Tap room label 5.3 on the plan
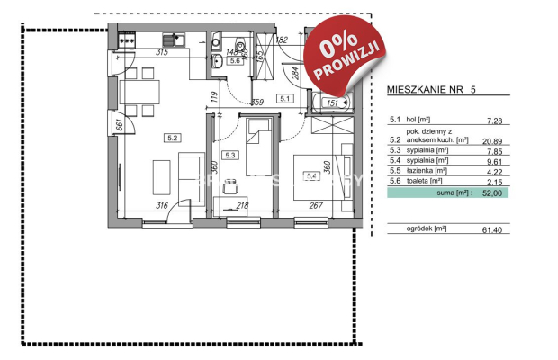pos(229,155)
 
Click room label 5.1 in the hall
pos(285,97)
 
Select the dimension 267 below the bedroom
pos(316,206)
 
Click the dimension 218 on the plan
pos(242,206)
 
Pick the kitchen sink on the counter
pos(170,40)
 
